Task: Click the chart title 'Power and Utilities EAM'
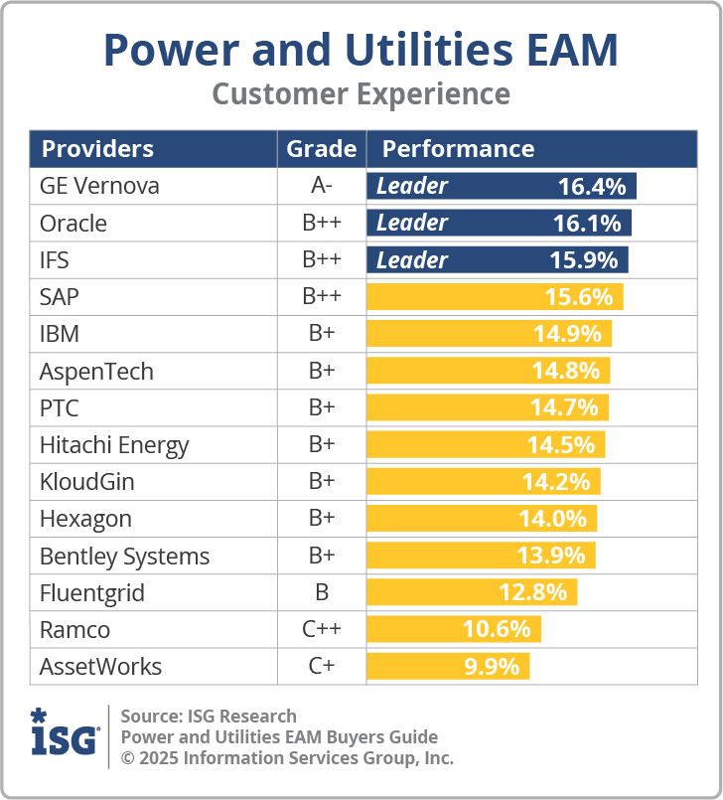pos(361,49)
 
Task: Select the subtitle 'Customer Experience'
pos(361,94)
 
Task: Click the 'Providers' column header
pos(97,149)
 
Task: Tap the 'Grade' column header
pos(321,149)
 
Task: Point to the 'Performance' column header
pos(458,149)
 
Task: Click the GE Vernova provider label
pos(99,186)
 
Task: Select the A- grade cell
pos(321,186)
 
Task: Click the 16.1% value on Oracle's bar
pos(587,223)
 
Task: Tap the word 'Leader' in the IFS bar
pos(411,260)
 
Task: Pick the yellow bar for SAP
pos(495,297)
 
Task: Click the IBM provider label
pos(60,334)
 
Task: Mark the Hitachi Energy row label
pos(113,445)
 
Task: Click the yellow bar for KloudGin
pos(483,482)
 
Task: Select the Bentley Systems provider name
pos(124,557)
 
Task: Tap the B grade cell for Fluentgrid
pos(321,593)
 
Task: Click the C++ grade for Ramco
pos(321,630)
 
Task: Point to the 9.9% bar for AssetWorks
pos(448,667)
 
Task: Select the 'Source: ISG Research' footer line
pos(209,716)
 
